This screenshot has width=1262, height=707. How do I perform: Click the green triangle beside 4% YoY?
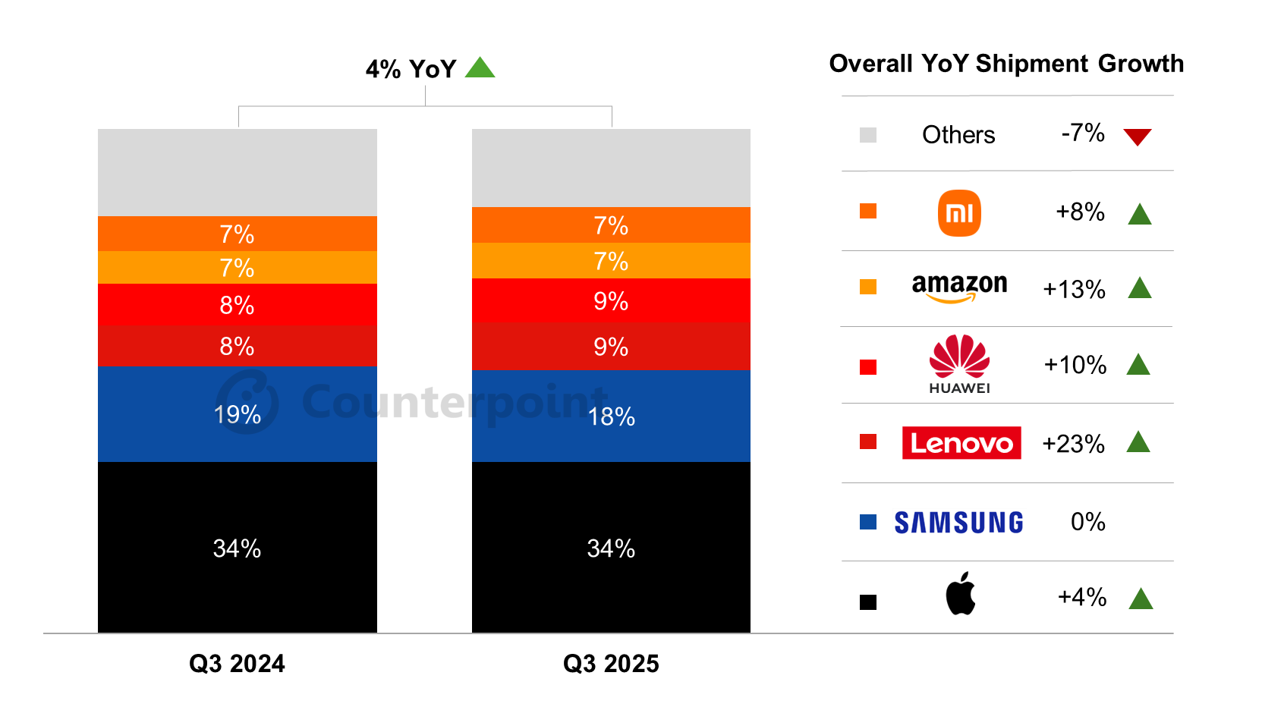[x=480, y=69]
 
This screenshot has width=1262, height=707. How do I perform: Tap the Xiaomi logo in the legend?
[x=959, y=213]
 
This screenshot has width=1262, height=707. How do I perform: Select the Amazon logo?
[x=959, y=288]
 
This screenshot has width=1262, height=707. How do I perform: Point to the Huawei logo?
[x=959, y=364]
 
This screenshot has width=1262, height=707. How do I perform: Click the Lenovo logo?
[x=961, y=443]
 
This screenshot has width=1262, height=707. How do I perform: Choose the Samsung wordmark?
[x=958, y=523]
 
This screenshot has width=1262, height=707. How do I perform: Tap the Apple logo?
[x=960, y=594]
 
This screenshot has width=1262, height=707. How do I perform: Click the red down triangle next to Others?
[x=1138, y=137]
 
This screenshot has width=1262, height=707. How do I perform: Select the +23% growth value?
[x=1073, y=444]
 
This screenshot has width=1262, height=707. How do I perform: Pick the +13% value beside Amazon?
[x=1074, y=290]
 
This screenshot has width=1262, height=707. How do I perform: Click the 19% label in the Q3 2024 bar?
[x=237, y=415]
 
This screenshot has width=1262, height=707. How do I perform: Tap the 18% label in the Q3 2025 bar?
[x=611, y=416]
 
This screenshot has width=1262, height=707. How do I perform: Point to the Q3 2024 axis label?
[x=237, y=664]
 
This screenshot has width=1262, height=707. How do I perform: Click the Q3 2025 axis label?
[x=611, y=664]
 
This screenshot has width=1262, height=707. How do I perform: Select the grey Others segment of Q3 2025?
[x=611, y=168]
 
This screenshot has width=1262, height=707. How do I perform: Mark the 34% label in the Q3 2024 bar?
[x=237, y=548]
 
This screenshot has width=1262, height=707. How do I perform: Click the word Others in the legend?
[x=958, y=135]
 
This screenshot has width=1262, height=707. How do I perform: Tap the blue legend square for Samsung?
[x=868, y=522]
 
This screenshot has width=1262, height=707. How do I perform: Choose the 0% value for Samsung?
[x=1087, y=522]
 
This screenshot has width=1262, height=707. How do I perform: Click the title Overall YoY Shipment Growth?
[x=1006, y=64]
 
